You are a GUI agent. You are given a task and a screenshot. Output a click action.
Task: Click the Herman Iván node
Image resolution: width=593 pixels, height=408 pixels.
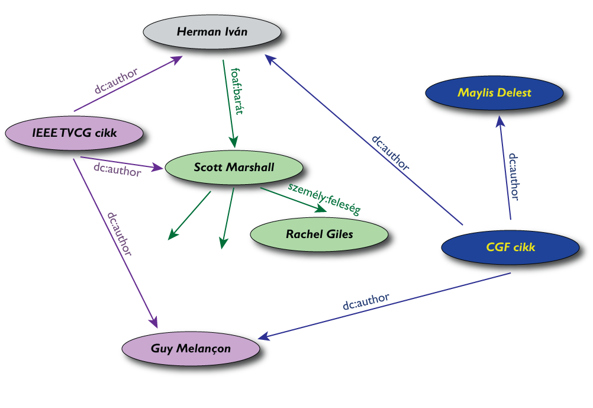211,31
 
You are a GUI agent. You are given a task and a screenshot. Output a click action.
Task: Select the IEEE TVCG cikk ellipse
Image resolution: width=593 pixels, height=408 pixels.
75,133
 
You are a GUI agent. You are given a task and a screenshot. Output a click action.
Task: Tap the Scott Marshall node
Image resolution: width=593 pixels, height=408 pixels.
234,167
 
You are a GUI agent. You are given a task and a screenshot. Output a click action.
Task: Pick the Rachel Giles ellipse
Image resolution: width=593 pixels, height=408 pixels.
320,234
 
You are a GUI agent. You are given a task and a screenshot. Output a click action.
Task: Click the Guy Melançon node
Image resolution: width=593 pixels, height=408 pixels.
191,348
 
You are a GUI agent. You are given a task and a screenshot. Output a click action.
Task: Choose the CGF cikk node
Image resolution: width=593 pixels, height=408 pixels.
511,247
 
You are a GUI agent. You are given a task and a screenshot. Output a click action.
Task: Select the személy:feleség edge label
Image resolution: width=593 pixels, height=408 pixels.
324,198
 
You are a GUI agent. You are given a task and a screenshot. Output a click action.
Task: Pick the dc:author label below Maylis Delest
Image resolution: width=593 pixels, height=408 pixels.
514,176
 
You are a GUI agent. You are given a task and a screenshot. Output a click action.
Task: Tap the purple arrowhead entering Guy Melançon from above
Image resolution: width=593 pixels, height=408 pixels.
155,322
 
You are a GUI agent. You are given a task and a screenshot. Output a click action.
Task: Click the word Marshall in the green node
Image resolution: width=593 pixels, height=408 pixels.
251,167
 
